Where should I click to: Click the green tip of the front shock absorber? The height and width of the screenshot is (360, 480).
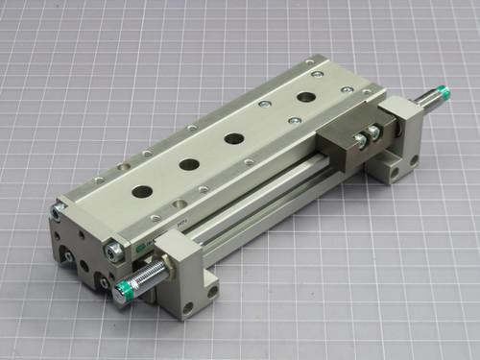(123, 291)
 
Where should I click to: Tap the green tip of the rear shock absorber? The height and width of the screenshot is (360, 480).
(443, 93)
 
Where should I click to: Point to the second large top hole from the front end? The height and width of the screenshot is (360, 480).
(189, 164)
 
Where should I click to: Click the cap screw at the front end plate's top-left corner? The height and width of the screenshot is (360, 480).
(57, 206)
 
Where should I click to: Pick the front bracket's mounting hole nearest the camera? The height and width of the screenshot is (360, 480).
(188, 308)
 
